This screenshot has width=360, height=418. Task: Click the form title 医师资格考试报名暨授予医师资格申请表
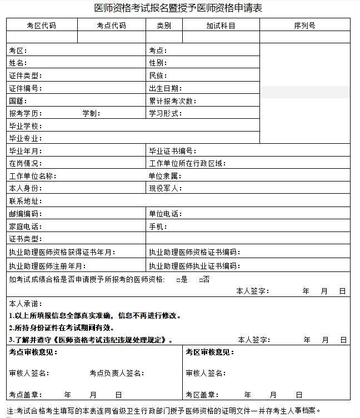(178, 8)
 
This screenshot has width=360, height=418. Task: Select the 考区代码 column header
(42, 26)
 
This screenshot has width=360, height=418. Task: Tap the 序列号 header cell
(304, 26)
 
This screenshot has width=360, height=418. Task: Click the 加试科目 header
(221, 26)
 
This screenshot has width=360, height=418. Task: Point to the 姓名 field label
(18, 63)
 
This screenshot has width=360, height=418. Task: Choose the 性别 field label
(158, 63)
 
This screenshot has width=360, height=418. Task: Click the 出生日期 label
(165, 88)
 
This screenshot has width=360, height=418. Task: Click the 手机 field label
(158, 226)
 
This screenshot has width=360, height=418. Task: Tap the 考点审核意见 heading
(33, 352)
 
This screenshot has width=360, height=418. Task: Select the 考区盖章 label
(201, 395)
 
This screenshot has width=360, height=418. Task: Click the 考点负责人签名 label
(117, 373)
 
